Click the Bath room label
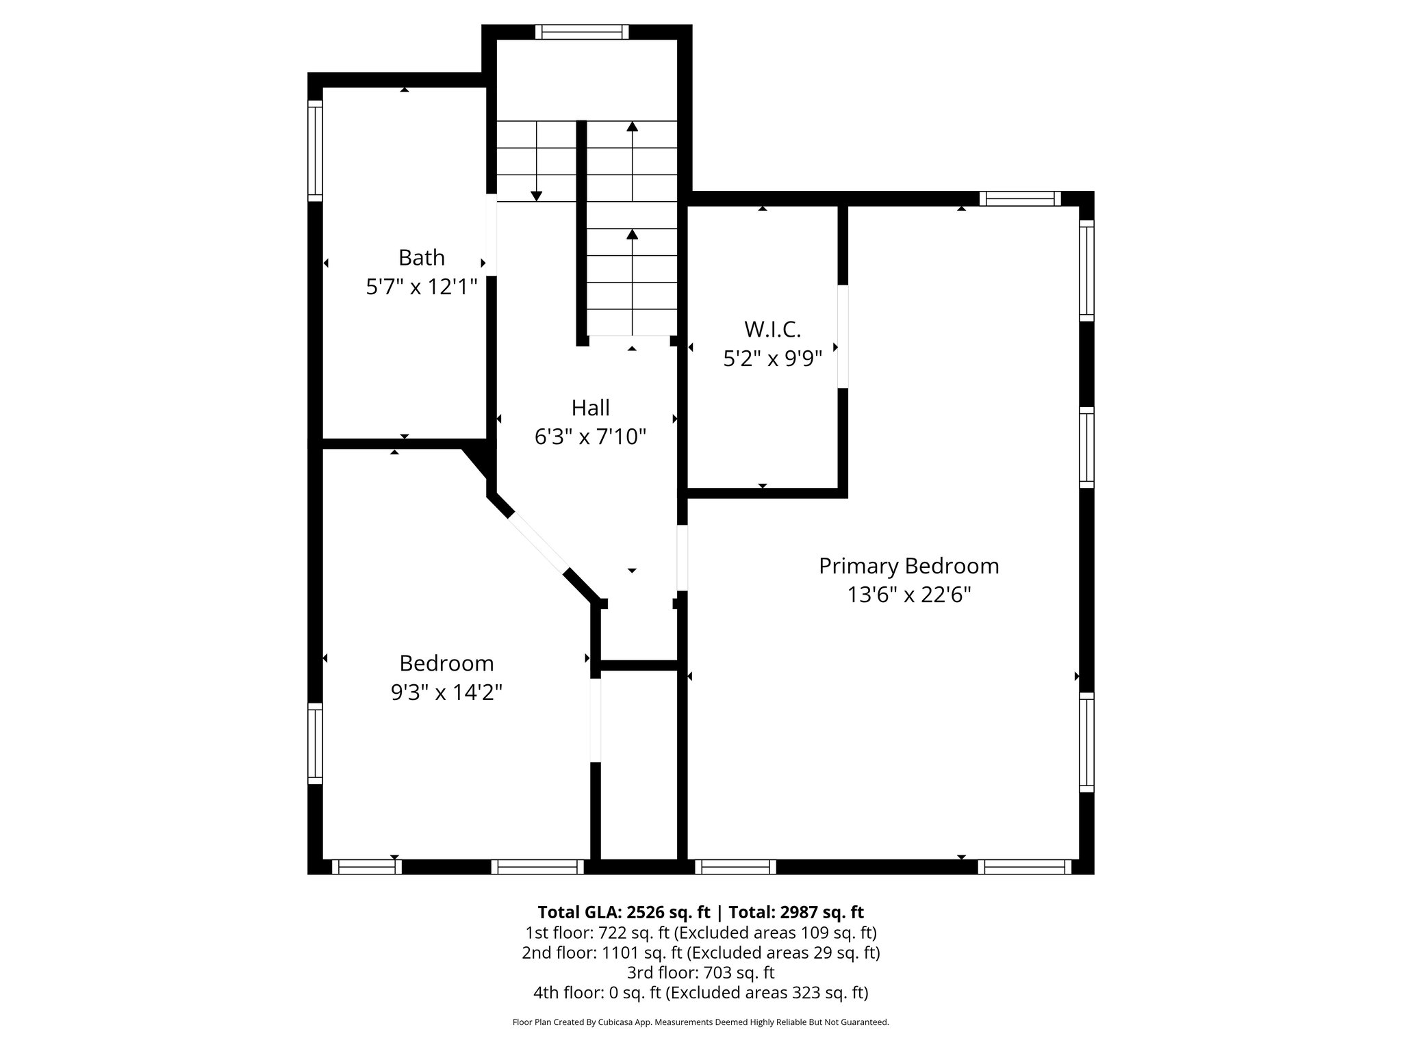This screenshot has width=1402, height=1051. (421, 258)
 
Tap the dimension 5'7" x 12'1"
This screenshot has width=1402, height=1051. (421, 287)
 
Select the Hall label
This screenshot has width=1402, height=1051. (590, 408)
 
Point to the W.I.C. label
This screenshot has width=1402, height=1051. (772, 330)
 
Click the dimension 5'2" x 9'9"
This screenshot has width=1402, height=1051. (772, 359)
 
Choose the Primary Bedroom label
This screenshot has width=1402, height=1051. (908, 566)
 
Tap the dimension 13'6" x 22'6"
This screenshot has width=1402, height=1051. (908, 595)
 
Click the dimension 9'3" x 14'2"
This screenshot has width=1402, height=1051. (446, 692)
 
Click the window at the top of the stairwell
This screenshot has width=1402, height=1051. (581, 31)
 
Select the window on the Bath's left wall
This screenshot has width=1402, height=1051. (315, 151)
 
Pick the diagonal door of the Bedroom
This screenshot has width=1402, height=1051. (538, 542)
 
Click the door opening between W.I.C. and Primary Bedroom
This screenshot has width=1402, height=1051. (843, 336)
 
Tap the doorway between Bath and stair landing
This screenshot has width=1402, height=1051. (491, 235)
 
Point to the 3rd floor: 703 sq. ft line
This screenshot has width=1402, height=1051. (700, 972)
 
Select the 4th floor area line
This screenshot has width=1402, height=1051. (700, 992)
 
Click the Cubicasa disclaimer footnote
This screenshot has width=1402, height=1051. (700, 1022)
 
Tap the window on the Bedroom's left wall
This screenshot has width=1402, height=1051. (315, 743)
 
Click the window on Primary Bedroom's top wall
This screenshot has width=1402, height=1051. (1019, 199)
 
